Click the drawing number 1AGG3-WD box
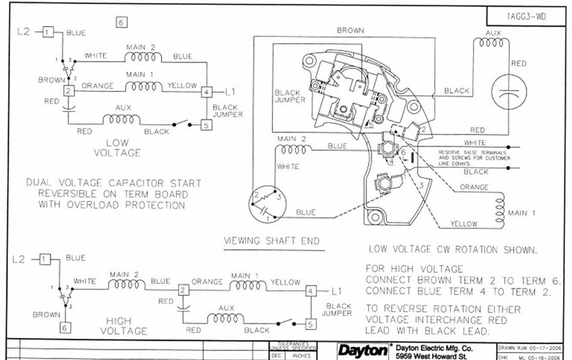pyautogui.click(x=526, y=17)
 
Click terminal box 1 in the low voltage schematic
pyautogui.click(x=49, y=32)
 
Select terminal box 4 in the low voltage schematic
pyautogui.click(x=206, y=92)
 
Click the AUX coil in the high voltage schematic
pyautogui.click(x=226, y=318)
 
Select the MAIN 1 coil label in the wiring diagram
pyautogui.click(x=521, y=213)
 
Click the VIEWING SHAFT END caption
pyautogui.click(x=272, y=241)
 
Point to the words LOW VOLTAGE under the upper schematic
pyautogui.click(x=118, y=148)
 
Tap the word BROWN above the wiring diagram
pyautogui.click(x=350, y=31)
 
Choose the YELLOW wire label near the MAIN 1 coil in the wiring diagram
pyautogui.click(x=463, y=224)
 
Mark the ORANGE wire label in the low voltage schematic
pyautogui.click(x=97, y=86)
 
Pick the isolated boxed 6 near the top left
pyautogui.click(x=121, y=22)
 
